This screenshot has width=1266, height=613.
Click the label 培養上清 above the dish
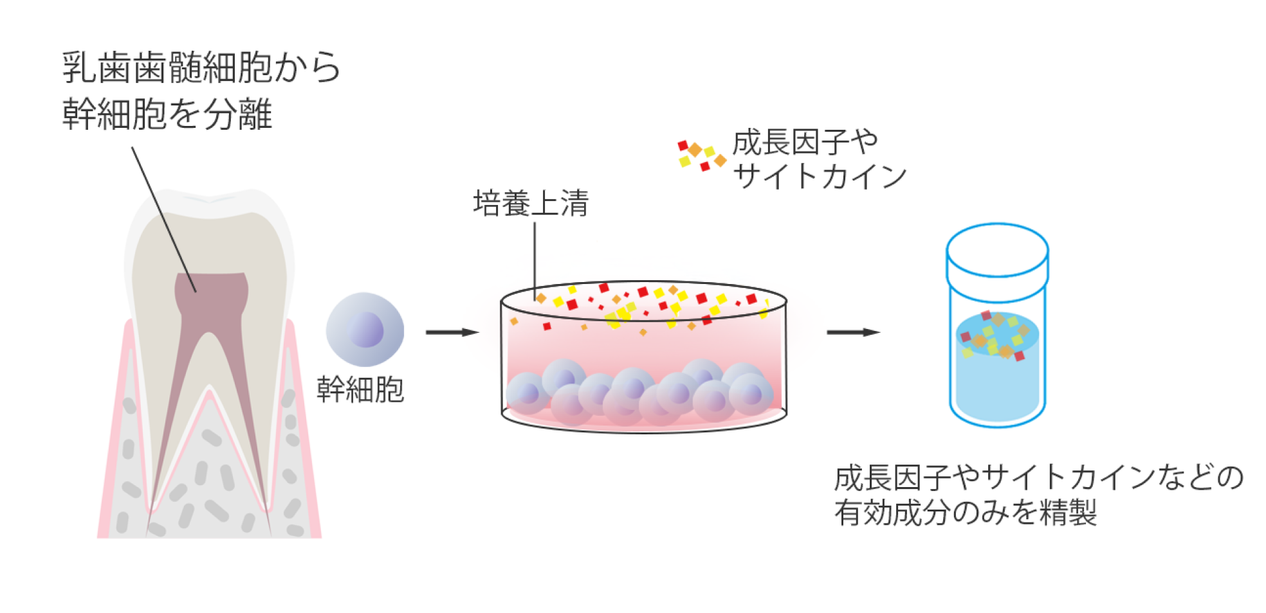(531, 204)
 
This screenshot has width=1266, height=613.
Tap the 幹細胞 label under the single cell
(360, 390)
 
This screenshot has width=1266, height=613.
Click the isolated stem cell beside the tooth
(365, 329)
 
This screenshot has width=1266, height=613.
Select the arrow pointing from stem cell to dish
(452, 332)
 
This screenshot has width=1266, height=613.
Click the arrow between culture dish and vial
(853, 332)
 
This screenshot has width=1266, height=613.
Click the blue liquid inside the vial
(997, 386)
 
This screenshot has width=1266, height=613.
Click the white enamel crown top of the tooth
(209, 200)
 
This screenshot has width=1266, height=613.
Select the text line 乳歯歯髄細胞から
(201, 67)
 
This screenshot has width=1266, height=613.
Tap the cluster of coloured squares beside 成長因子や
(701, 155)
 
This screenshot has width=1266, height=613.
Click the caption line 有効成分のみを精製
(965, 513)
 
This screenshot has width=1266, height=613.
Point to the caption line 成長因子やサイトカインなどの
(1038, 477)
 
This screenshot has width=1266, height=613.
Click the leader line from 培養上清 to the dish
(535, 257)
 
